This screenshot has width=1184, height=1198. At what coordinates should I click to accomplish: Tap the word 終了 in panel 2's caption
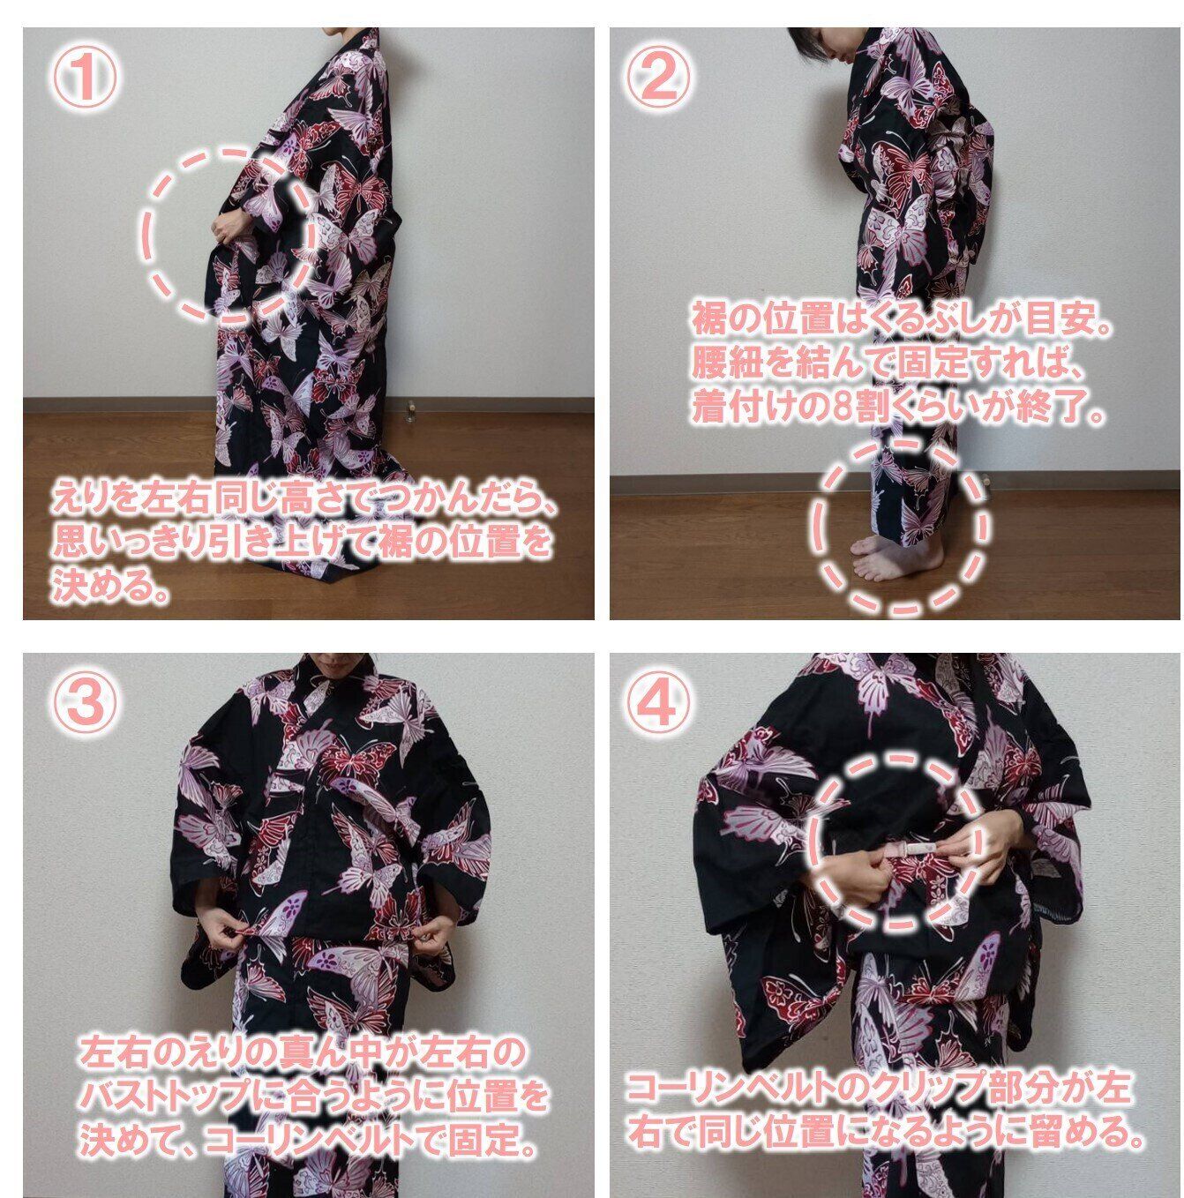[x=1052, y=408]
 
